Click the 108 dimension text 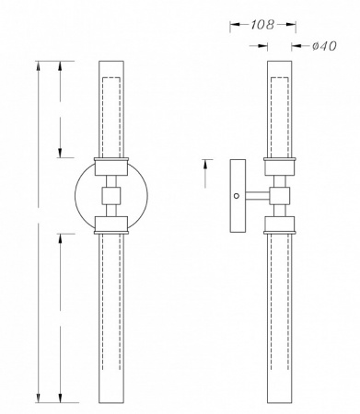click(x=262, y=26)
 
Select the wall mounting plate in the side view click(x=238, y=195)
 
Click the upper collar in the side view click(x=280, y=167)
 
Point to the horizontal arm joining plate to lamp click(x=258, y=195)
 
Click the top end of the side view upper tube click(x=280, y=63)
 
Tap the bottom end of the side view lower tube click(x=280, y=401)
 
